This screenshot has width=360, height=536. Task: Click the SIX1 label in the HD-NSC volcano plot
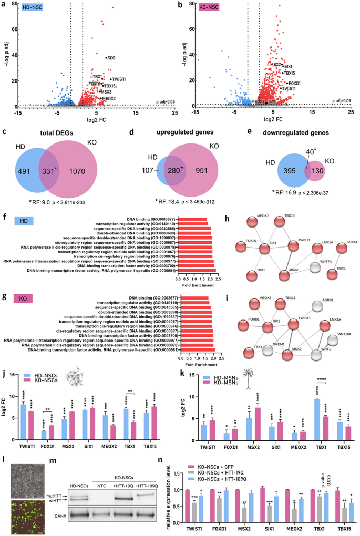[111, 58]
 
